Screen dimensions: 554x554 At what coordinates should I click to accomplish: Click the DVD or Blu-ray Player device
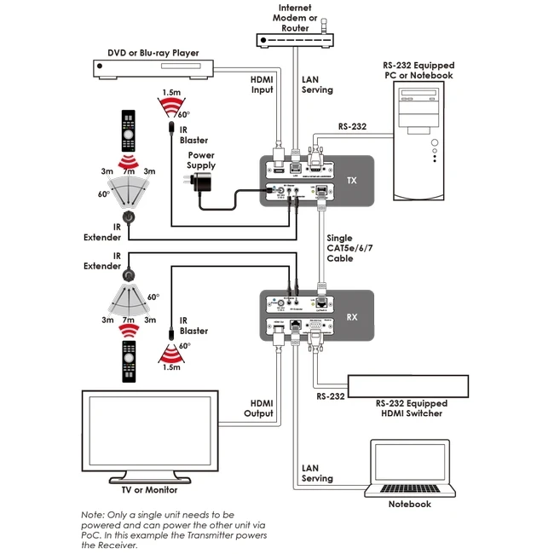pyautogui.click(x=154, y=69)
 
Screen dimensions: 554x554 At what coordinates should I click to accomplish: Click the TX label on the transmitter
pyautogui.click(x=352, y=181)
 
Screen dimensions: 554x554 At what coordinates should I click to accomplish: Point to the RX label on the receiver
pyautogui.click(x=352, y=317)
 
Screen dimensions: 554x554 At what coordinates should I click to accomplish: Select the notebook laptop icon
pyautogui.click(x=409, y=469)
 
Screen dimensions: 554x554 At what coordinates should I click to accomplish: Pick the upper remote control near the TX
pyautogui.click(x=127, y=130)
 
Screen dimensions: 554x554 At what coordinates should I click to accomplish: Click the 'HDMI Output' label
pyautogui.click(x=262, y=408)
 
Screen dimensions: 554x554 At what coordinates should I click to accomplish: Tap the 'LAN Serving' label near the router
pyautogui.click(x=318, y=84)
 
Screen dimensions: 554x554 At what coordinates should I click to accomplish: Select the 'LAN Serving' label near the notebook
pyautogui.click(x=317, y=473)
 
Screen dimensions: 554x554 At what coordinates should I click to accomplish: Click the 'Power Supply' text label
pyautogui.click(x=202, y=159)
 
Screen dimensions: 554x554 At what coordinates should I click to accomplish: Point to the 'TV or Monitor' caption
pyautogui.click(x=149, y=489)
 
